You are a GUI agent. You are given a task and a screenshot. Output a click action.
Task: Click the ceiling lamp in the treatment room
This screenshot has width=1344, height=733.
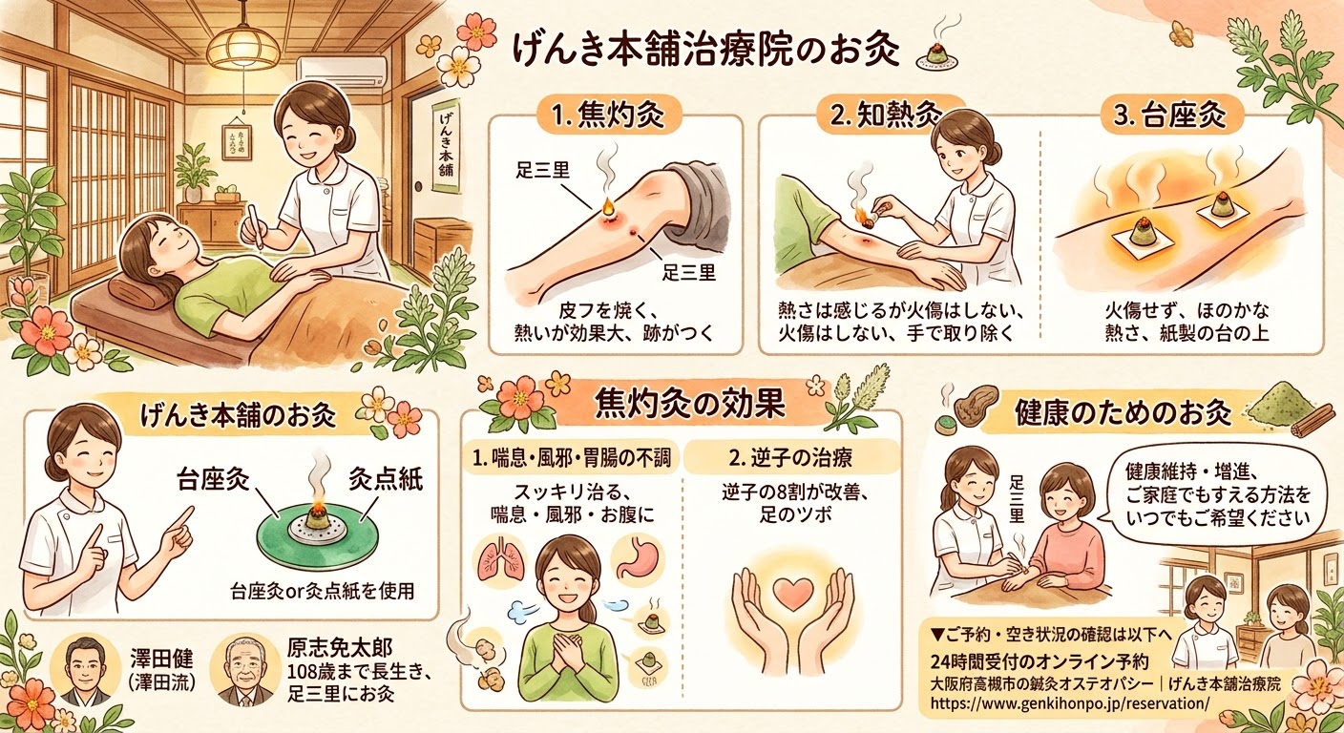coord(242,48)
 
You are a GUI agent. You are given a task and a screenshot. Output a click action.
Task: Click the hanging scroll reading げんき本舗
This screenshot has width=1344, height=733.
coord(446,146)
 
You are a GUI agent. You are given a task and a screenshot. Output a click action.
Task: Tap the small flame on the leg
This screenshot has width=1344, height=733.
coord(606,207)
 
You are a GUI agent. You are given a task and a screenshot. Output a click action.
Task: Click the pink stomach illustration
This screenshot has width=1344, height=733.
coord(637,558)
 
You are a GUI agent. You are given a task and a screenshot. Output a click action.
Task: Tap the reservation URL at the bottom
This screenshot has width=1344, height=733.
coord(1070,703)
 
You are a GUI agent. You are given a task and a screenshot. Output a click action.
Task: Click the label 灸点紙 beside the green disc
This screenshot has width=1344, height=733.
coord(386,480)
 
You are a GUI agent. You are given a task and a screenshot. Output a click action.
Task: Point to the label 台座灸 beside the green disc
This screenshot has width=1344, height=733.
coord(213,480)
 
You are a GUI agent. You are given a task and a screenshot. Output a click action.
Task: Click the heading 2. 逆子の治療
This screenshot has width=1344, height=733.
coord(790,458)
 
